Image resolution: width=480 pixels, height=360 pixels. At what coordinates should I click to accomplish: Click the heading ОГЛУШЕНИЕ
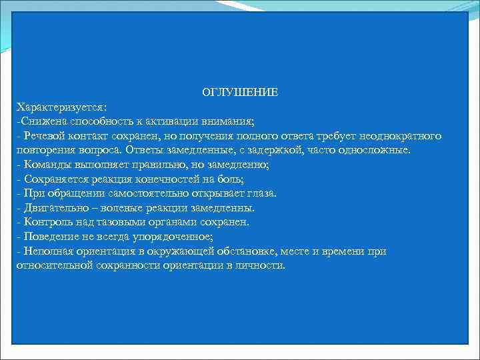click(240, 92)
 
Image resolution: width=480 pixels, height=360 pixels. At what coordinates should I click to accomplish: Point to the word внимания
click(231, 121)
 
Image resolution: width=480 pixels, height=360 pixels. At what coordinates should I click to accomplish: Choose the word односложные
click(378, 150)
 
